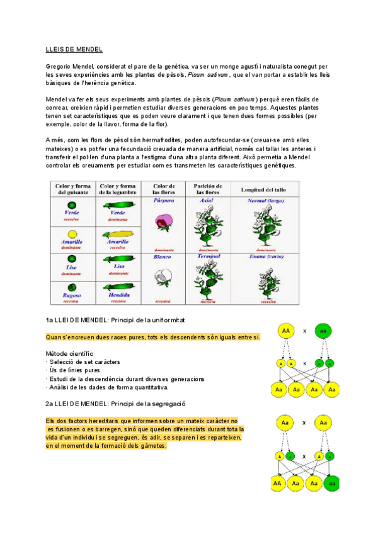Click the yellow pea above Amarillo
72,233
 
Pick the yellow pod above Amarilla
117,233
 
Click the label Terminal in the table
208,258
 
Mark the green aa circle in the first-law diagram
323,331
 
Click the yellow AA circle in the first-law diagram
286,331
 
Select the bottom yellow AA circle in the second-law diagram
278,484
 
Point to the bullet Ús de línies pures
77,370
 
